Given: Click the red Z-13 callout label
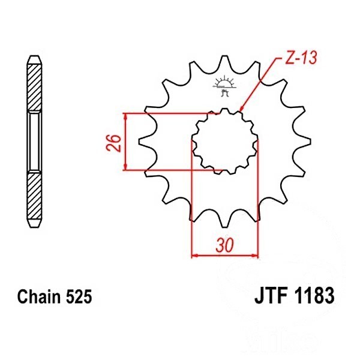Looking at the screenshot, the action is pos(301,58).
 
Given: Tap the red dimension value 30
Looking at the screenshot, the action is pos(224,245).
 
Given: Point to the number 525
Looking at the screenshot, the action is pos(79,296).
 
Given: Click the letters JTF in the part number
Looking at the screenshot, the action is pos(271,295).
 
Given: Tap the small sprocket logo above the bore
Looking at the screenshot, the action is pos(224,85).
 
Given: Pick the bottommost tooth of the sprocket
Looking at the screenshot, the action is pos(224,221).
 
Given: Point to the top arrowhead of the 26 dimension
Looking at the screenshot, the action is pos(125,117).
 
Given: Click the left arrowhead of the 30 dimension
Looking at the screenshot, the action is pos(195,255).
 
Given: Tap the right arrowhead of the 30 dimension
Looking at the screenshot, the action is pos(254,255).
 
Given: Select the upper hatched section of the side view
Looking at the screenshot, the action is pos(34,88).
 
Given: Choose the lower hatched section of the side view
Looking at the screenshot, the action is pos(34,196).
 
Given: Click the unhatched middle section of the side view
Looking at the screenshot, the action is pos(34,142).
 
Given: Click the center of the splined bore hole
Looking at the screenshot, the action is pos(224,142).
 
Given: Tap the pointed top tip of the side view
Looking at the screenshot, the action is pos(34,56).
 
